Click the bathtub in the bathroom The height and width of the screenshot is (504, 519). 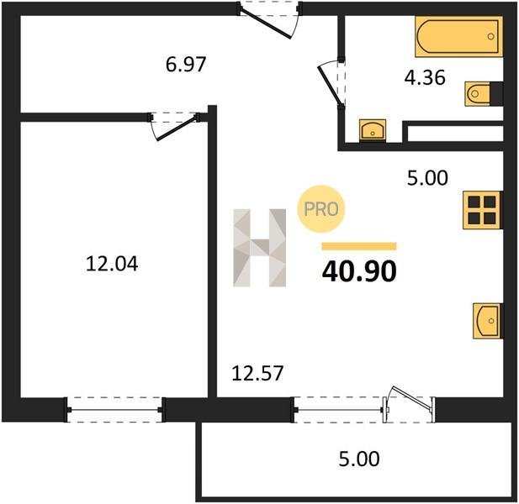[x=458, y=36]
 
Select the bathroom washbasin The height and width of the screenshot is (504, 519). [x=373, y=129]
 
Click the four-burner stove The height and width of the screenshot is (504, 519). [x=482, y=210]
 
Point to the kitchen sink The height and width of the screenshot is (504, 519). [x=487, y=321]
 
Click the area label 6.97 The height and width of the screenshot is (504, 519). [x=186, y=65]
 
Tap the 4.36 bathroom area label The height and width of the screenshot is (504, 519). [x=425, y=78]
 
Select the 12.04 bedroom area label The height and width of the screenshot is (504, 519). [x=112, y=264]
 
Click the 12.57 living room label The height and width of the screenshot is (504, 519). [x=257, y=373]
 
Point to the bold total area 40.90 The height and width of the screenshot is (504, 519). [x=359, y=271]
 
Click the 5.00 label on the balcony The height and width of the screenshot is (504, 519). [x=359, y=459]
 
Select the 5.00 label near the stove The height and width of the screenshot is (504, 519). [x=427, y=178]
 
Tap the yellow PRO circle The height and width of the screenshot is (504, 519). [x=321, y=209]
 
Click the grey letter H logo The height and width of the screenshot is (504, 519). [x=259, y=248]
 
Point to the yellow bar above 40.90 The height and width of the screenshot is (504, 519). [x=359, y=246]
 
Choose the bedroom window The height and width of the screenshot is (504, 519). [x=115, y=410]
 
